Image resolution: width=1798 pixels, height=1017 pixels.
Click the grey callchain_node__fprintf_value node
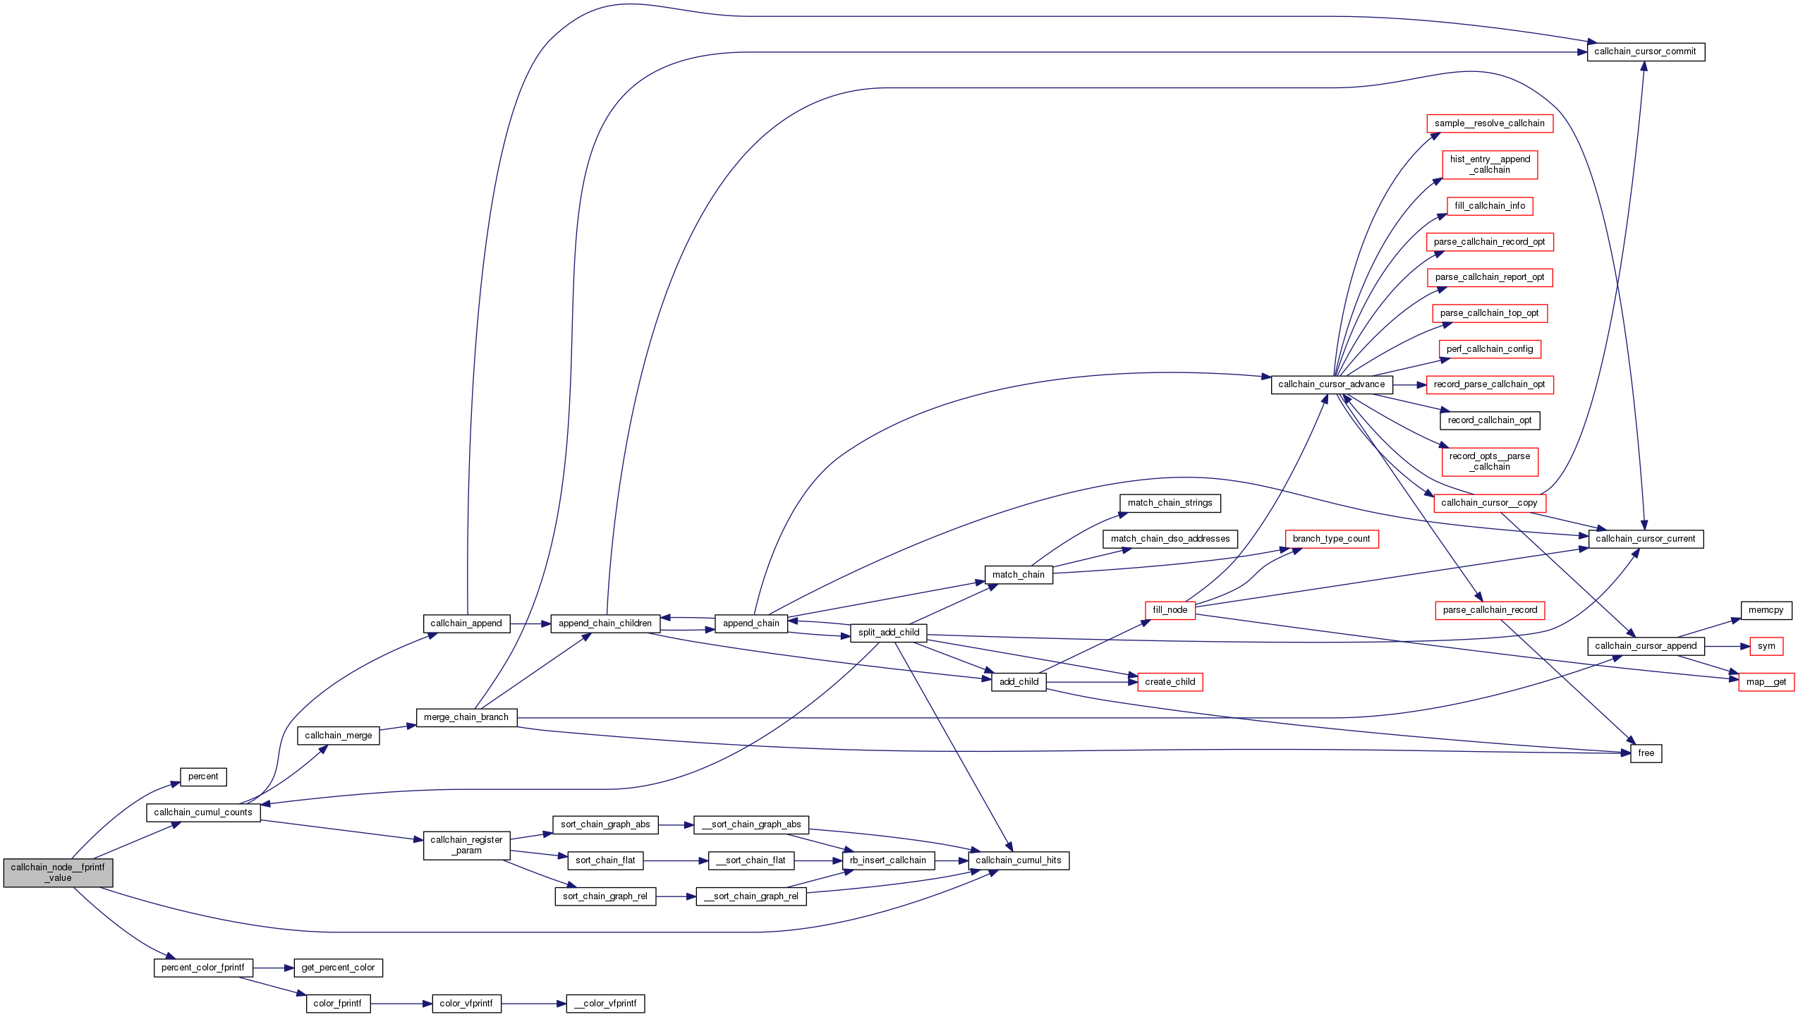(58, 872)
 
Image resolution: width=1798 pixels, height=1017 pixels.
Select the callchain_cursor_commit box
(1645, 51)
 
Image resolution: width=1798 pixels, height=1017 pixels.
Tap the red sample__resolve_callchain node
(1489, 123)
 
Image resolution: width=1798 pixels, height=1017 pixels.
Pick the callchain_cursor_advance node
(1331, 384)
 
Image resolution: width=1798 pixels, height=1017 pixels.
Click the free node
(1646, 753)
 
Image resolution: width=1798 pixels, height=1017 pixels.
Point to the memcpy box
(1766, 610)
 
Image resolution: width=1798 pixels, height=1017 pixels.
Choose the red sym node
(1766, 646)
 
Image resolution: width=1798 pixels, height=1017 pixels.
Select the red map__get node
(1766, 682)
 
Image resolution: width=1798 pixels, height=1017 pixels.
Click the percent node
(203, 777)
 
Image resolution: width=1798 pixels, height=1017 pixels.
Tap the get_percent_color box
(338, 968)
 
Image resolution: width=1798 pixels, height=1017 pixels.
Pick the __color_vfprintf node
(605, 1004)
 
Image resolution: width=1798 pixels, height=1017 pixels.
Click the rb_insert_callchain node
(887, 860)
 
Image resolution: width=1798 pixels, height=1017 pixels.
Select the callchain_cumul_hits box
(1018, 860)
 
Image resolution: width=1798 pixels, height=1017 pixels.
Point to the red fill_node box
(1170, 610)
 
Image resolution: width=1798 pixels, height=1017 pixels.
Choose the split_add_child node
(888, 633)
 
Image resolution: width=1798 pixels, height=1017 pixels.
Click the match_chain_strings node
(1170, 503)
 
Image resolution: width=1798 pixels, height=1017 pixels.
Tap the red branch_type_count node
(1331, 539)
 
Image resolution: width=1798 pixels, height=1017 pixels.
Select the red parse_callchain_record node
(1490, 610)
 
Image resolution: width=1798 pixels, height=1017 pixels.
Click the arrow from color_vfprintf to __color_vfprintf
(533, 1004)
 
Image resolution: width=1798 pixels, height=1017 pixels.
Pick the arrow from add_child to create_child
(1091, 682)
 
